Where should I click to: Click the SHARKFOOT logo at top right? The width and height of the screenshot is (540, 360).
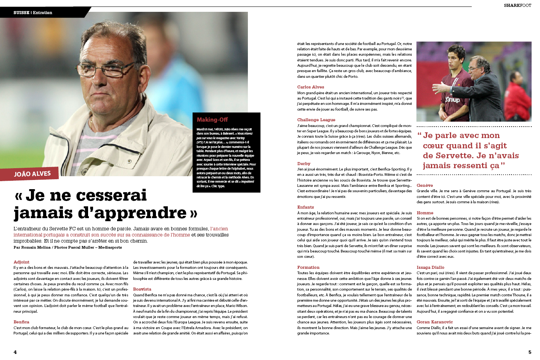click(x=517, y=5)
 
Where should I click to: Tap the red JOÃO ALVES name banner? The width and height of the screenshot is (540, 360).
click(x=32, y=174)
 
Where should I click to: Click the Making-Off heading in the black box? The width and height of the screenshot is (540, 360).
click(x=212, y=120)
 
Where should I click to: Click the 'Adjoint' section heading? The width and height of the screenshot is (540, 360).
click(x=21, y=262)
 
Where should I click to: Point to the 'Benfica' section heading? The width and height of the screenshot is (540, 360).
click(x=21, y=322)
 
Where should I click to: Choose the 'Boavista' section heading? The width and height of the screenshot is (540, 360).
click(x=142, y=289)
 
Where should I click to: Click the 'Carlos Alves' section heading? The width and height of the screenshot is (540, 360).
click(x=310, y=87)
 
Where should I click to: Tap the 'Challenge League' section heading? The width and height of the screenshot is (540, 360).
click(x=316, y=120)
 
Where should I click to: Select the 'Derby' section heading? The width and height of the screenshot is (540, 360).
click(x=304, y=164)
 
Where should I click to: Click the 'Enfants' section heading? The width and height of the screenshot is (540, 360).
click(x=305, y=207)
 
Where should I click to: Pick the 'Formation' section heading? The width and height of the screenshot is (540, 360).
click(x=308, y=267)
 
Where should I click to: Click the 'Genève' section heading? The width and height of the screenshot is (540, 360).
click(x=424, y=185)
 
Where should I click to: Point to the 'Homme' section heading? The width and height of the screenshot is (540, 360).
click(x=425, y=213)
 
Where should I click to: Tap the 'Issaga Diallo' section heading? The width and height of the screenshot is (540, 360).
click(x=430, y=267)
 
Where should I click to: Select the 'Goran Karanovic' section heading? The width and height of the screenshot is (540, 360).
click(x=435, y=322)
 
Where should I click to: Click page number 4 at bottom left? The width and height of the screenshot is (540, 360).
click(x=15, y=352)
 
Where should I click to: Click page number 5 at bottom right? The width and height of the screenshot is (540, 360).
click(x=529, y=352)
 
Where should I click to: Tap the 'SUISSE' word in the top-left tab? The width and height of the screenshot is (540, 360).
click(x=21, y=13)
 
